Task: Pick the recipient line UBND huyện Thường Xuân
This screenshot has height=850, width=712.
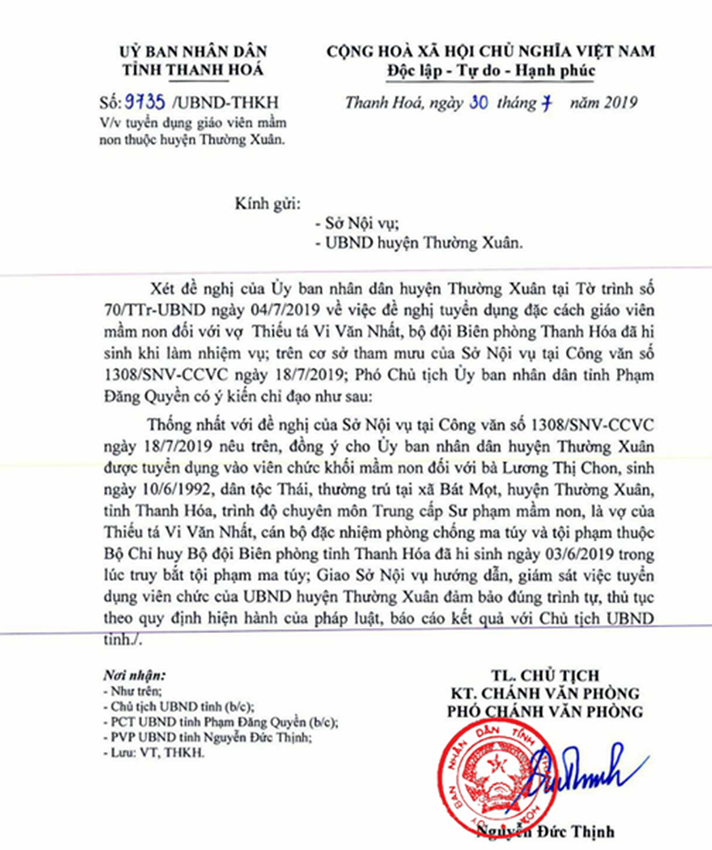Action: (419, 244)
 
